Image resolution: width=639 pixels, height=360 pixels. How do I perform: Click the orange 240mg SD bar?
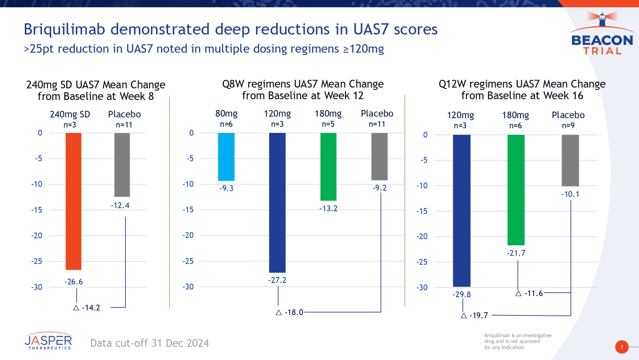[x=73, y=201]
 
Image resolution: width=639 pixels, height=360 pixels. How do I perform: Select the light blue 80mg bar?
[x=226, y=157]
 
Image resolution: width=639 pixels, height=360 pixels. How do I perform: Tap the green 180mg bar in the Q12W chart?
[x=516, y=190]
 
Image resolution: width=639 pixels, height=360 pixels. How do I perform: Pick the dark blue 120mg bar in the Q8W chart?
[x=277, y=202]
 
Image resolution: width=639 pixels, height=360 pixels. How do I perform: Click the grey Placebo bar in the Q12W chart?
[x=570, y=160]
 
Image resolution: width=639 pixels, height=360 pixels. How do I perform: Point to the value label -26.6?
[x=74, y=282]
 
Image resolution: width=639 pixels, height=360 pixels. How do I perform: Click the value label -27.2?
[x=277, y=280]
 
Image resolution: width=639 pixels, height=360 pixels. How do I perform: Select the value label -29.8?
[x=462, y=295]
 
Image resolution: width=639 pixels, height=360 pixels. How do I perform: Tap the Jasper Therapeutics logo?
[x=48, y=341]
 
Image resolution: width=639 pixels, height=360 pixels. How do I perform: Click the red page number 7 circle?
[x=622, y=347]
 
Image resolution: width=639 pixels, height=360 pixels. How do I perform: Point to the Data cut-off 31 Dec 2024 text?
[x=149, y=343]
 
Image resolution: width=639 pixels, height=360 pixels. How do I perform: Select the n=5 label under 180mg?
[x=328, y=124]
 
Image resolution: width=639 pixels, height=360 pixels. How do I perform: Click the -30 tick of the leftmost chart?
[x=37, y=287]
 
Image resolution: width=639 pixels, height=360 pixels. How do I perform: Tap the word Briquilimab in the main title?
[x=64, y=29]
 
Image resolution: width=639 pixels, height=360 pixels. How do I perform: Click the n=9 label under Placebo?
[x=568, y=126]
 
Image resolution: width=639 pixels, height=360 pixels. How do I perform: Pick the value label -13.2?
[x=328, y=208]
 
